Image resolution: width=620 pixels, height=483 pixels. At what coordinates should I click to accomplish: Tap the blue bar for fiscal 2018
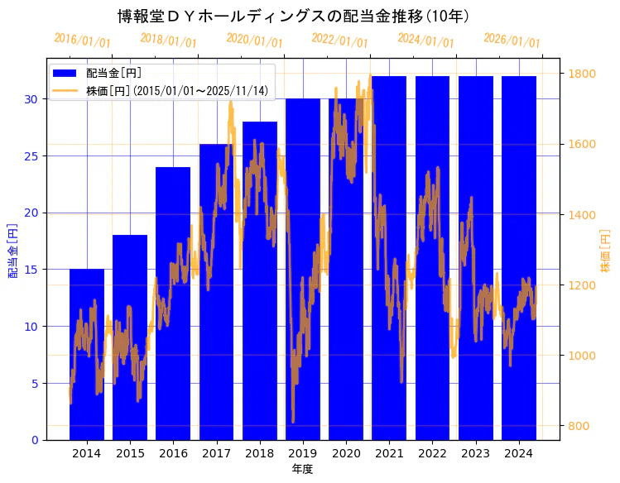point(259,280)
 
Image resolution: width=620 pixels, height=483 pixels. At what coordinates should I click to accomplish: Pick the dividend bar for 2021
point(389,257)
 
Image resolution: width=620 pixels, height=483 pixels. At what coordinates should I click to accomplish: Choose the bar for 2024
point(519,257)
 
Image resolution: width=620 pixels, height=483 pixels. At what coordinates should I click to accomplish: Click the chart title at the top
point(294,17)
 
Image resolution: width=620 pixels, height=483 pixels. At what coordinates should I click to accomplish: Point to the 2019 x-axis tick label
point(302,453)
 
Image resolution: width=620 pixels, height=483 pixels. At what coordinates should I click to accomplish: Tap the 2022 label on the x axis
point(432,453)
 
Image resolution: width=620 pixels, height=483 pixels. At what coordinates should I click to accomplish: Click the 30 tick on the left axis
point(31,99)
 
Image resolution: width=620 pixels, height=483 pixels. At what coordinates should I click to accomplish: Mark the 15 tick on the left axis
point(31,270)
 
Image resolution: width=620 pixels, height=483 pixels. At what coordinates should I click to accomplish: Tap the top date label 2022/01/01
point(339,41)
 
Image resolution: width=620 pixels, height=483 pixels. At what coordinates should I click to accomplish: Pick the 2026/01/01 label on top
point(512,41)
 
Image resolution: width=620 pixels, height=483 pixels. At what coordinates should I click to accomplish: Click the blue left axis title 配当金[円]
point(12,250)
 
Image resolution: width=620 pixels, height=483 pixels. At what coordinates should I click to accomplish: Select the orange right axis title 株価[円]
point(606,251)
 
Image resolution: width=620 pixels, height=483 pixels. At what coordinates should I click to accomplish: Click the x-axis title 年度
point(302,470)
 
